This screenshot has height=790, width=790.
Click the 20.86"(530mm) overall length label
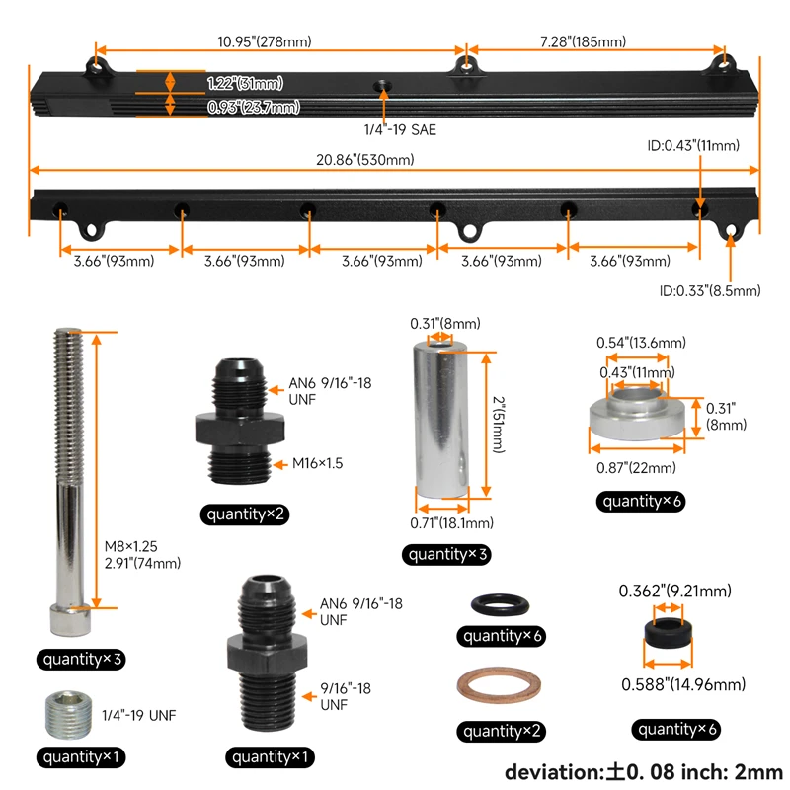coord(364,160)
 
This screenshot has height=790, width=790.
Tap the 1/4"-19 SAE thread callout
coord(400,130)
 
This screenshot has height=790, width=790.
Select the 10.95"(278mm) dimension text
coord(265,41)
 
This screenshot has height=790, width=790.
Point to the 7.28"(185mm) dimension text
coord(583,41)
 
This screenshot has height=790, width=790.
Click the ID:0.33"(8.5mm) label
coord(710,290)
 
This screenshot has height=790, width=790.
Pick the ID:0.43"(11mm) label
coord(693,145)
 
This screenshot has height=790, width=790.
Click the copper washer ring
coord(499,684)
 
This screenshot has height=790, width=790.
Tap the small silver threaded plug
coord(68,715)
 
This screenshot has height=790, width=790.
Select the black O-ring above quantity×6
coord(500,604)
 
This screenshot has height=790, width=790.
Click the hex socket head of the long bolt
coord(70,619)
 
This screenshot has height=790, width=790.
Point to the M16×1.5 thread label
coord(317,463)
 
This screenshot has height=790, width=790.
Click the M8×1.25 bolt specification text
coord(131,546)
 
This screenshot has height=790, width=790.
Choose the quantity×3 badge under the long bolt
coord(81,659)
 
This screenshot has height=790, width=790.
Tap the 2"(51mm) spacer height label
coord(499,425)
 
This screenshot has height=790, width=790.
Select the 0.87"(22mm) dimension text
coord(636,467)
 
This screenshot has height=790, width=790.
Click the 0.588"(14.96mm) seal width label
coord(683,684)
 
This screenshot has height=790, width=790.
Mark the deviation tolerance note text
coord(644,772)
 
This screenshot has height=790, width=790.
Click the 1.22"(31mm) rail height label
coord(245,83)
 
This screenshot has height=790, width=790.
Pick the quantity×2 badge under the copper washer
coord(501,731)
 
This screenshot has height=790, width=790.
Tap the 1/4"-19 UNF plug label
coord(139,715)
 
